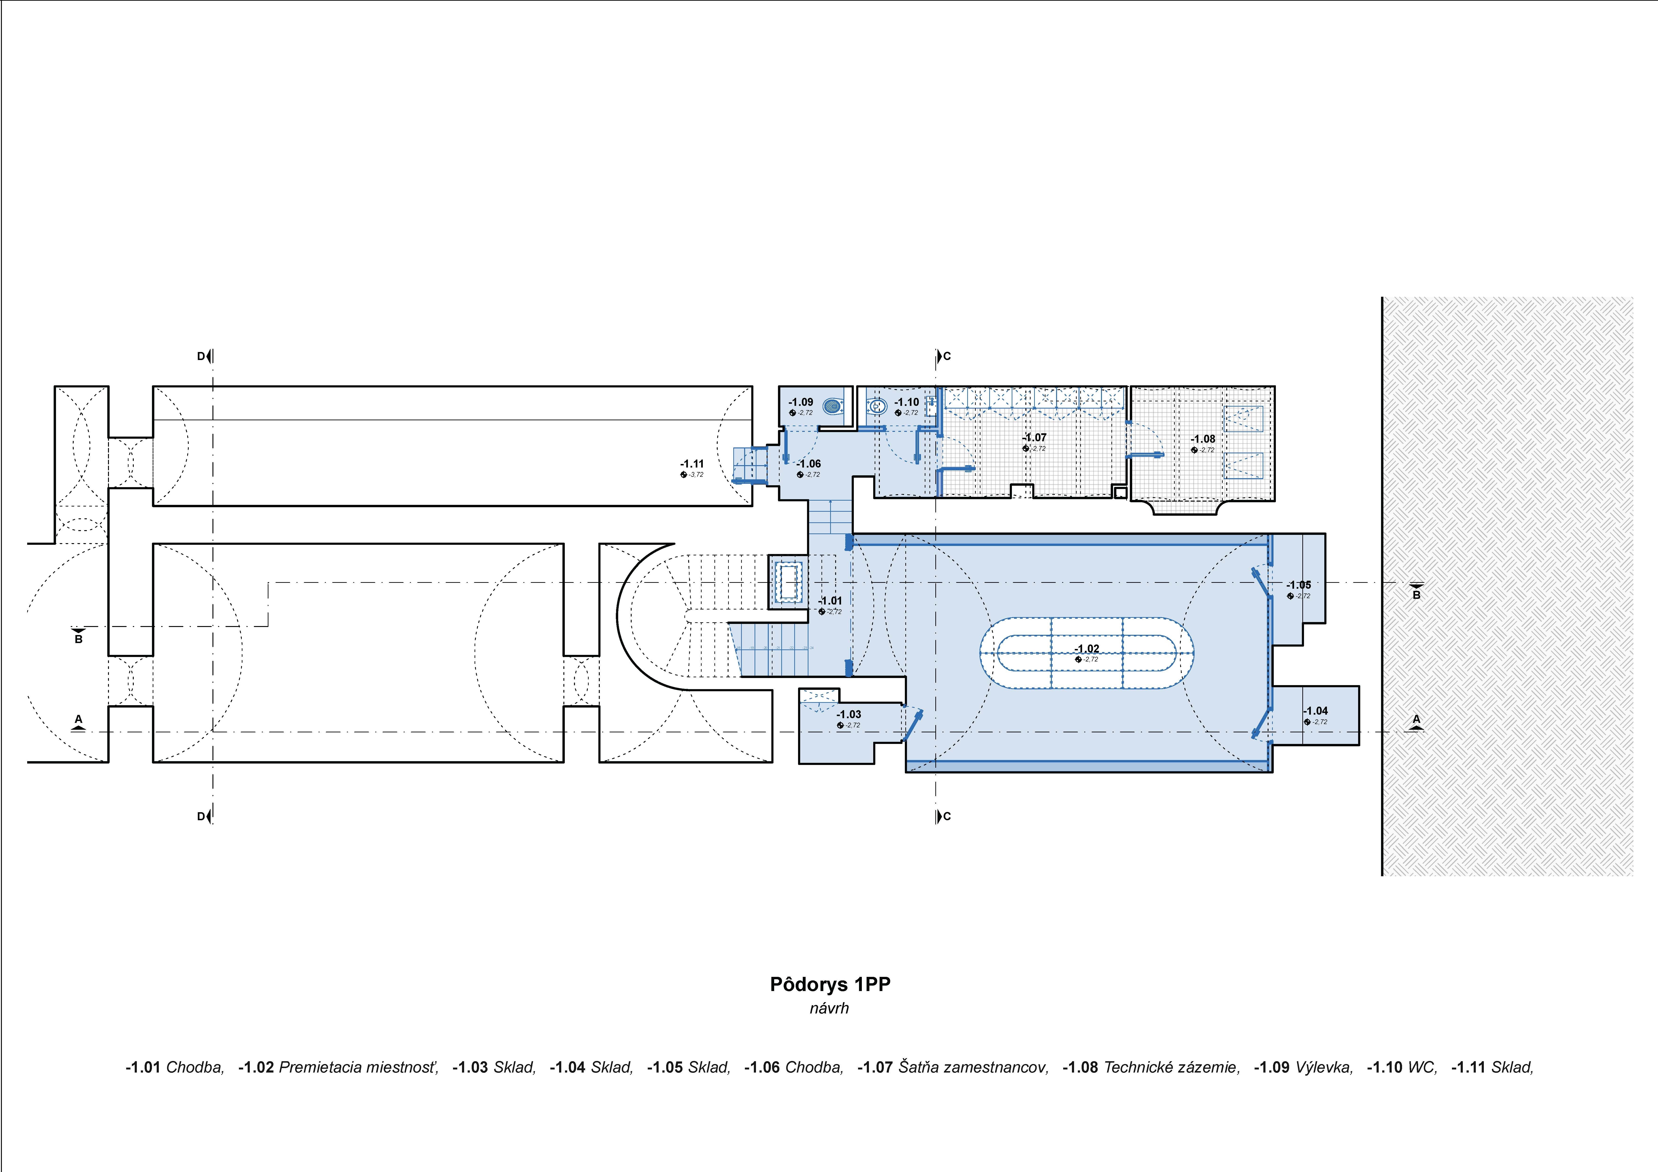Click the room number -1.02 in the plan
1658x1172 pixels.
coord(1087,648)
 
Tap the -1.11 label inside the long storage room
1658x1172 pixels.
coord(692,464)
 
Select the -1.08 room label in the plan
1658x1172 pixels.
coord(1203,439)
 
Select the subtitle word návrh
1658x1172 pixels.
coord(829,1008)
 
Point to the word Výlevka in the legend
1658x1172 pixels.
coord(1324,1067)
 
